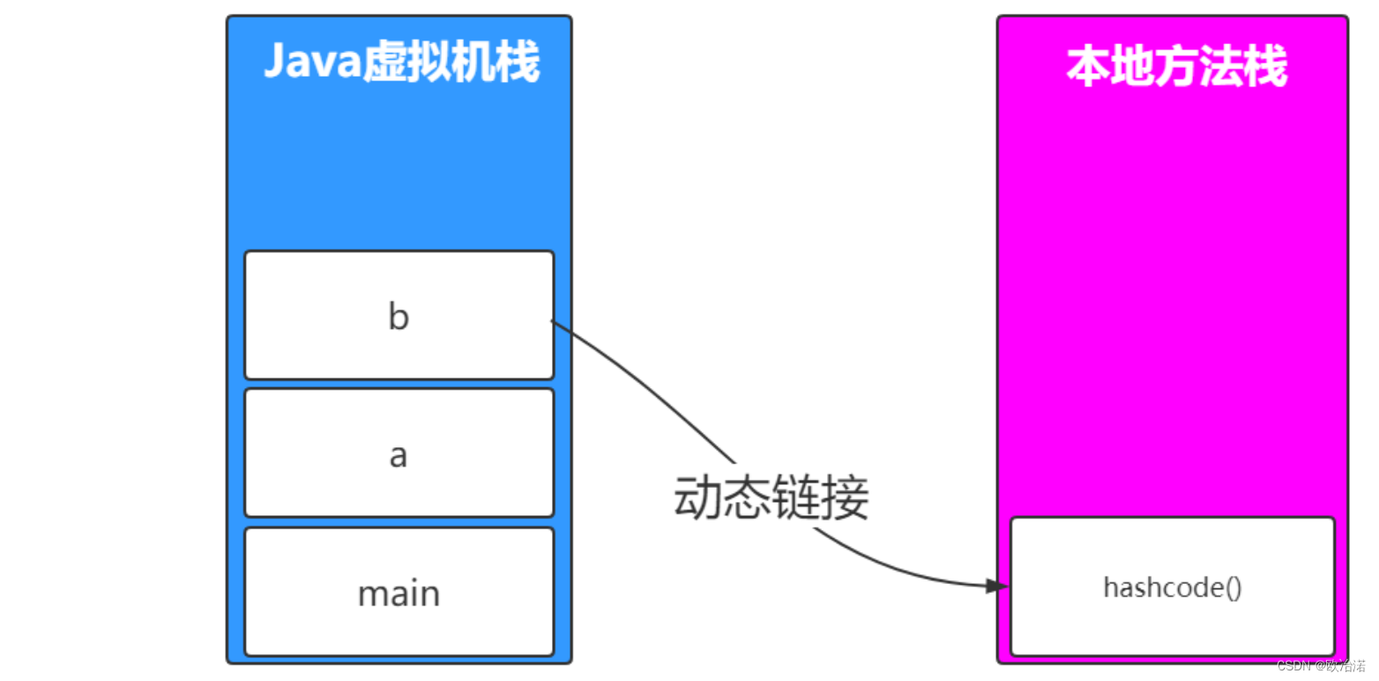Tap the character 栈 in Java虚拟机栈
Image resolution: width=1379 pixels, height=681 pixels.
(518, 64)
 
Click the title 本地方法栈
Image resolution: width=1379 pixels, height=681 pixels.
(1176, 66)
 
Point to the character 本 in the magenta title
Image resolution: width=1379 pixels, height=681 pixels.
(1088, 66)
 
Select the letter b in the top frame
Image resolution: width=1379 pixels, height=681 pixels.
(399, 317)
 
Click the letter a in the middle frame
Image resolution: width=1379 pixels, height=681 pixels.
(399, 455)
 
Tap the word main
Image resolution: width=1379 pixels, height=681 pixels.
(399, 594)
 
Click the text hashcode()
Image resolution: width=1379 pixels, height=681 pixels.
(1172, 587)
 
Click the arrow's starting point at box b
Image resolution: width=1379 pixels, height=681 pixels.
(554, 321)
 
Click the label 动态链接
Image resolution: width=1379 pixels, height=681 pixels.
(771, 498)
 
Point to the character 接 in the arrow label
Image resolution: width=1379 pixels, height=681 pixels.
(846, 498)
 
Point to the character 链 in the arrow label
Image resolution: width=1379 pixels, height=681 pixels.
(796, 498)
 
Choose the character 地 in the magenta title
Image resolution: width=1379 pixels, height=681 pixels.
(1132, 66)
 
